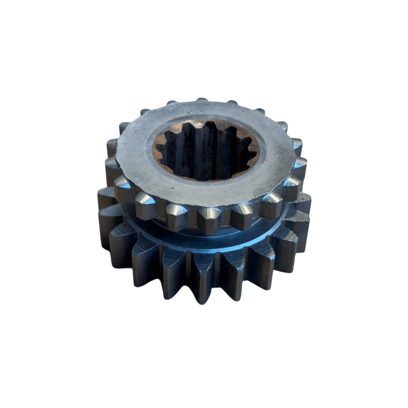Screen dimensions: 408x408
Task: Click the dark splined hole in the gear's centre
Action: tap(205, 153)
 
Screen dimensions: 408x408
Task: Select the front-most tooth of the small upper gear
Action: tap(210, 220)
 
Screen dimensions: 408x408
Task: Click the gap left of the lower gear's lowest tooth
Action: tap(190, 271)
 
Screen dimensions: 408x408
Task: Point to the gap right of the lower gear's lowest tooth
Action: tap(219, 271)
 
